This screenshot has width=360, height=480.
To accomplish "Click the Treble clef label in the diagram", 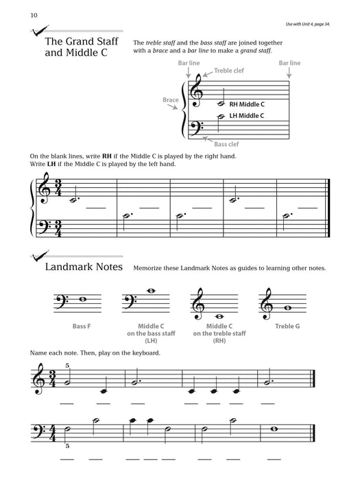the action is click(x=228, y=71).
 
